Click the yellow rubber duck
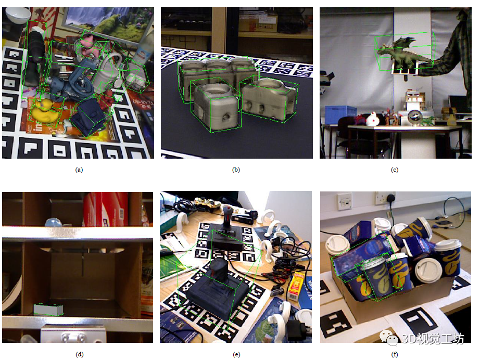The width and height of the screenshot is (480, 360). tap(45, 112)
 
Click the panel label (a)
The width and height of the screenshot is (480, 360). tap(79, 170)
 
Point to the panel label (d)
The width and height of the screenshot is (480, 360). tap(79, 354)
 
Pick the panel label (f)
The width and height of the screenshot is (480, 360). tap(395, 354)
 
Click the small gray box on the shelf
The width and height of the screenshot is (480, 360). tap(48, 310)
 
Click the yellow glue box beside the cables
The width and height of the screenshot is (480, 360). tap(295, 286)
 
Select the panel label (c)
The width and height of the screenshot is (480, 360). tap(395, 170)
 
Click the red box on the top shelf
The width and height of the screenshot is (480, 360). tap(105, 209)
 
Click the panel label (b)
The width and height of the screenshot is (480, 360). tap(236, 170)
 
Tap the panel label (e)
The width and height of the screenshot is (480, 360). tap(236, 354)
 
